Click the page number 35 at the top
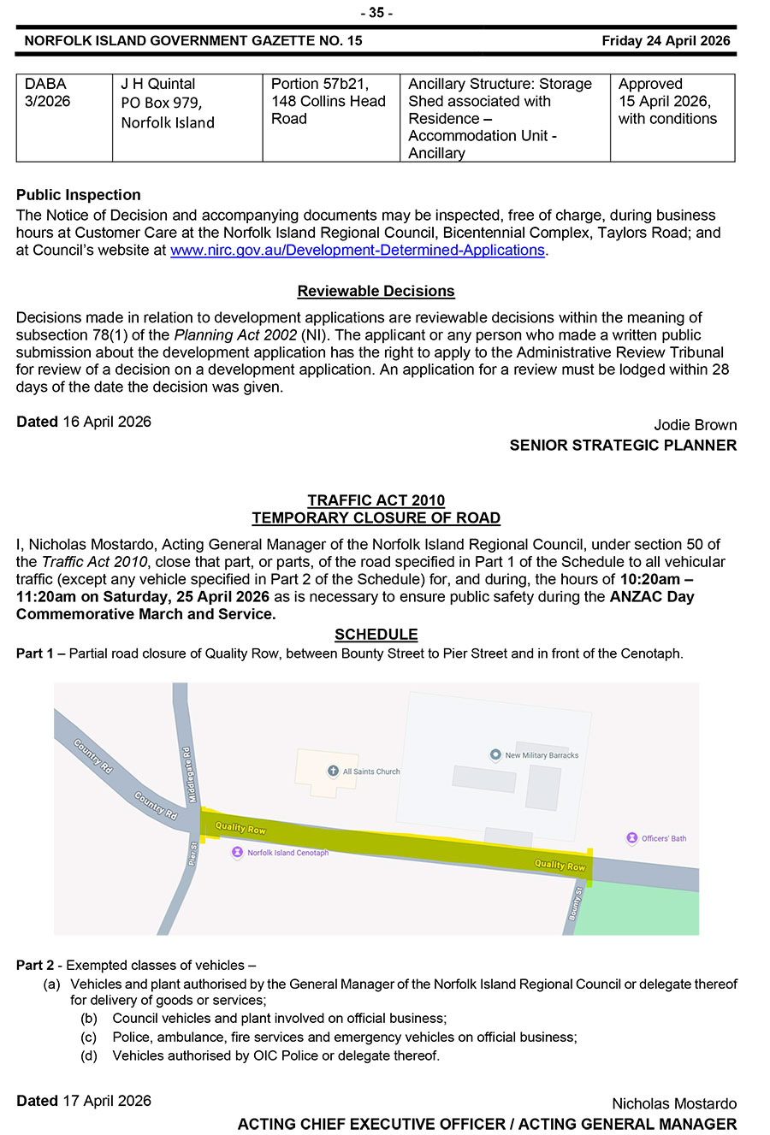(376, 13)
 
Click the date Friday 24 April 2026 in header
(666, 40)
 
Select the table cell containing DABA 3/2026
(64, 117)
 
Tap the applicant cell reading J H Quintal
(187, 117)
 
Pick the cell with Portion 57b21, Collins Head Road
(330, 117)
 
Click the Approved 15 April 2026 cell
(672, 117)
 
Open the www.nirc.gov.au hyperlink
(358, 251)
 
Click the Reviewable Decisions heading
(376, 292)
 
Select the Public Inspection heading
(79, 195)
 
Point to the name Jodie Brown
(695, 425)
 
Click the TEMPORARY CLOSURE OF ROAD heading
(376, 518)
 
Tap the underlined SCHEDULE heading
(376, 635)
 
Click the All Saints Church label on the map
(370, 771)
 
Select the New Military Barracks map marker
(495, 754)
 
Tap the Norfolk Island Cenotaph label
(287, 853)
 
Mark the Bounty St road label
(576, 904)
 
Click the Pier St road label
(193, 854)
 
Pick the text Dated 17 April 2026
(84, 1101)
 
